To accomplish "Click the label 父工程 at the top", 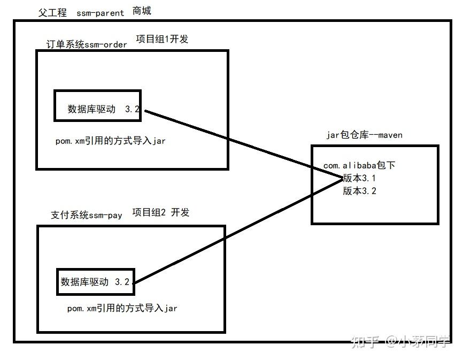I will (52, 13).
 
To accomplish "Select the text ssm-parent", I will (100, 13).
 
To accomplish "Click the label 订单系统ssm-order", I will (87, 44).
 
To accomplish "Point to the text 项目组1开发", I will (162, 39).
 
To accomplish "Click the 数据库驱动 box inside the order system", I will (98, 105).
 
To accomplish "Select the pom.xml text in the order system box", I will (111, 142).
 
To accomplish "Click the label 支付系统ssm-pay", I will (87, 215).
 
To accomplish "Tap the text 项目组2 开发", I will (161, 212).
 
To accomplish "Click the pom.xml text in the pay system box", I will (122, 309).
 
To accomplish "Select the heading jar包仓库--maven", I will (364, 135).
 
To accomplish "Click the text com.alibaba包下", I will (359, 166).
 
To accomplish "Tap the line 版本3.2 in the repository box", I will (359, 191).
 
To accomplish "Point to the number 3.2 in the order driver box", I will (132, 109).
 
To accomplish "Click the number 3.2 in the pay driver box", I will (122, 282).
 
